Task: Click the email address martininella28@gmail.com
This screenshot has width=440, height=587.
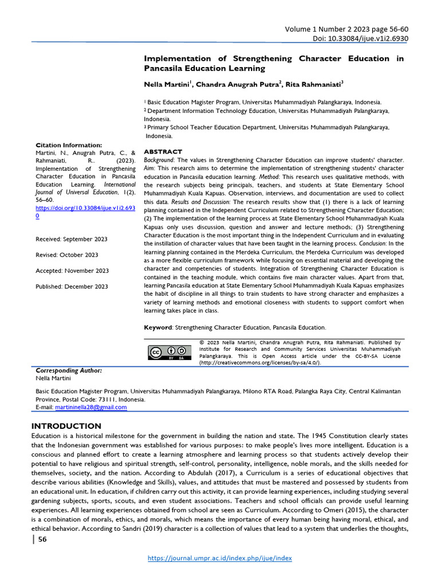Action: click(91, 407)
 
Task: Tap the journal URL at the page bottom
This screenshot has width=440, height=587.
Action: click(219, 558)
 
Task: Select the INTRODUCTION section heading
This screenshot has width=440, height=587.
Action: click(66, 426)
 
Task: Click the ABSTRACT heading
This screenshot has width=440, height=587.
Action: click(163, 152)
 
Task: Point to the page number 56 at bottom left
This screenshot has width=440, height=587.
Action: click(42, 539)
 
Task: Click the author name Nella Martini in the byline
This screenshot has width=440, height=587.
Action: click(166, 84)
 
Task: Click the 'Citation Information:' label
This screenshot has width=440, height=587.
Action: click(69, 146)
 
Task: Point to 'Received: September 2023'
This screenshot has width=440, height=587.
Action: click(71, 239)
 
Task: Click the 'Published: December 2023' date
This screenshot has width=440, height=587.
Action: click(72, 286)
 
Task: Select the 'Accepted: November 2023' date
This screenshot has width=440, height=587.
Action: click(72, 271)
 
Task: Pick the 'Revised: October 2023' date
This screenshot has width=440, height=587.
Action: click(66, 255)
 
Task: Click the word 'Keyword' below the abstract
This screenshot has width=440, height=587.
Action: click(158, 327)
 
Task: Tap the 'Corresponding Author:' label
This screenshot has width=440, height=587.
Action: click(65, 371)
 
